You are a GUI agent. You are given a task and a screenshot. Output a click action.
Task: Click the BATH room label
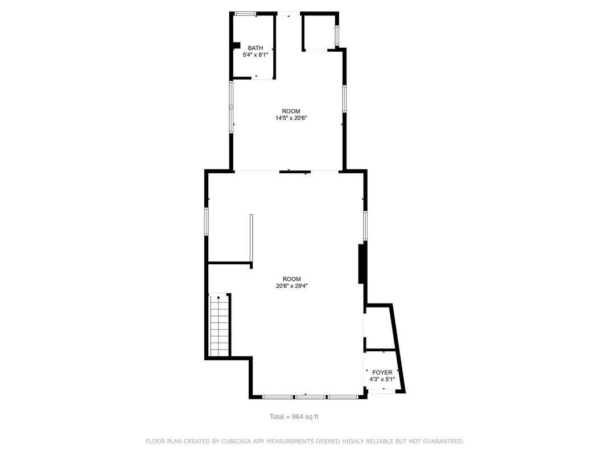tap(255, 48)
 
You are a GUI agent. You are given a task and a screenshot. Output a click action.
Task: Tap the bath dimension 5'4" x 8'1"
tap(255, 55)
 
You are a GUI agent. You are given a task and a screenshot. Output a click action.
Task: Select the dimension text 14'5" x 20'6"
tap(291, 118)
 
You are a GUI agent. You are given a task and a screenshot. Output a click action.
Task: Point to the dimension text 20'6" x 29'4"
tap(291, 286)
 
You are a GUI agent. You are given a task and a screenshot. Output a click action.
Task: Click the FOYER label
tap(382, 372)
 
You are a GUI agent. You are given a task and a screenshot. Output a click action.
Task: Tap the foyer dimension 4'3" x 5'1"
tap(382, 379)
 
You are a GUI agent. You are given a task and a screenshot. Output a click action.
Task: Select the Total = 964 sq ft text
tap(294, 417)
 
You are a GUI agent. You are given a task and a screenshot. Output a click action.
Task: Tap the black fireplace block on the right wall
tap(361, 263)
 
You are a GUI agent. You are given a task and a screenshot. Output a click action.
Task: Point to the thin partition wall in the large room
tap(251, 239)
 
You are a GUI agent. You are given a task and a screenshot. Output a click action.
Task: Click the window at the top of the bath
tap(246, 14)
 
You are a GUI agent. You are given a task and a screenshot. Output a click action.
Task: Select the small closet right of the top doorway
tap(319, 32)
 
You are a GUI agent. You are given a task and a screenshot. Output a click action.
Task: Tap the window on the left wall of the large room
tap(207, 221)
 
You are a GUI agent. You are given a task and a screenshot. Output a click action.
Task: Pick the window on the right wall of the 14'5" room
tap(344, 97)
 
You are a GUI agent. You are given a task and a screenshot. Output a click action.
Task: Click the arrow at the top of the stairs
tap(218, 297)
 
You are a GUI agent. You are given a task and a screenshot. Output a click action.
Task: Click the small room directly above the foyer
tap(378, 328)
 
